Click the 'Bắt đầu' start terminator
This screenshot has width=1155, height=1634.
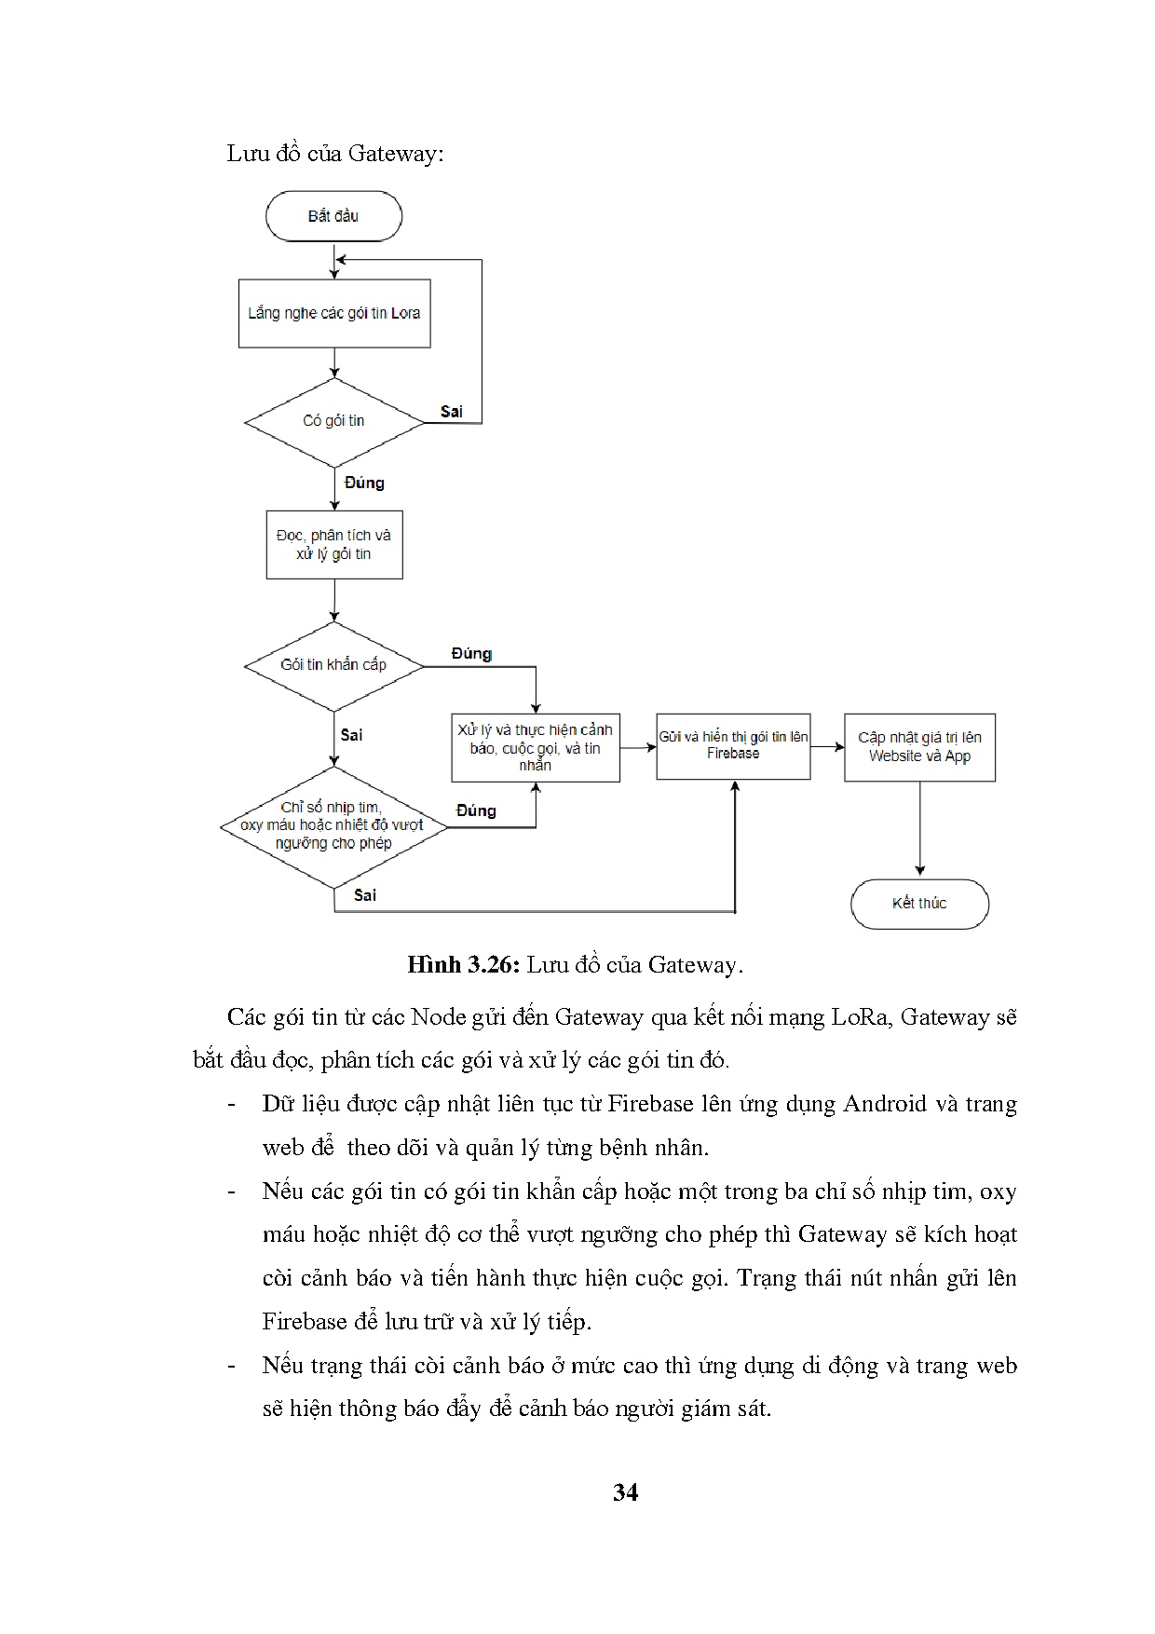pyautogui.click(x=333, y=216)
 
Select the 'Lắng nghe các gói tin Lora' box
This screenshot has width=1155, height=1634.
pyautogui.click(x=334, y=314)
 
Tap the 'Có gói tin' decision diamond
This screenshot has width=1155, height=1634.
pyautogui.click(x=333, y=421)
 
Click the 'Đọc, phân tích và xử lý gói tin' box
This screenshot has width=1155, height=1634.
pyautogui.click(x=334, y=544)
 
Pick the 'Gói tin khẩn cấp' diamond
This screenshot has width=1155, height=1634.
pyautogui.click(x=333, y=665)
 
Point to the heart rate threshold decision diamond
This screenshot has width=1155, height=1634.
pyautogui.click(x=333, y=826)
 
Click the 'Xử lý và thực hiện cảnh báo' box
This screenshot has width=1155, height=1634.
pyautogui.click(x=536, y=748)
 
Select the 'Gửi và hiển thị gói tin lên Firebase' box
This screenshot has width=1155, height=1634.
pyautogui.click(x=733, y=745)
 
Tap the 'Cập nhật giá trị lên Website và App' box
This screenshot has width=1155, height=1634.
pyautogui.click(x=919, y=747)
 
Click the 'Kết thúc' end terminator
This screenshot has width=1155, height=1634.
pyautogui.click(x=919, y=904)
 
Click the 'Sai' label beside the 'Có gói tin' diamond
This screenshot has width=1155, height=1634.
pyautogui.click(x=452, y=412)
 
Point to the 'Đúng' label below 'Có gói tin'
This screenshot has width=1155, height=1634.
pyautogui.click(x=364, y=483)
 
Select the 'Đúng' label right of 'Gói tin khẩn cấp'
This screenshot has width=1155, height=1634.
pyautogui.click(x=471, y=654)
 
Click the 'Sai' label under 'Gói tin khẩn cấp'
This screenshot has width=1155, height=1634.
pyautogui.click(x=351, y=735)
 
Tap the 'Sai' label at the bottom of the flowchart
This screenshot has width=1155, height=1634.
pyautogui.click(x=365, y=895)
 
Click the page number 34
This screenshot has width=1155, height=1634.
pyautogui.click(x=626, y=1492)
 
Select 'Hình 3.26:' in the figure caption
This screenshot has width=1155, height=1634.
pyautogui.click(x=462, y=965)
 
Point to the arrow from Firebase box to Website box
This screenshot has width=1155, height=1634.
pyautogui.click(x=827, y=747)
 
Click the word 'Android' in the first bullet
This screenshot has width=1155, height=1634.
pyautogui.click(x=884, y=1104)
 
